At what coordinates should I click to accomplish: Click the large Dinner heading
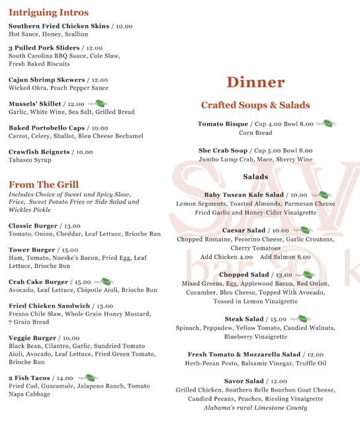(x=255, y=83)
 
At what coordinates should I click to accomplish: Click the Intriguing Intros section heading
(x=48, y=13)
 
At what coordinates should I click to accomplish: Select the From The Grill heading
(x=44, y=185)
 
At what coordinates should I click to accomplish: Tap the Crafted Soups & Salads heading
(x=255, y=105)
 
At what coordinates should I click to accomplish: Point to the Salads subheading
(x=255, y=177)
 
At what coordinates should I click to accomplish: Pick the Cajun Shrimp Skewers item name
(x=47, y=80)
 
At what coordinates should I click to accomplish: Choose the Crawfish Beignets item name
(x=39, y=152)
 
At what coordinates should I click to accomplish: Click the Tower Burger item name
(x=32, y=251)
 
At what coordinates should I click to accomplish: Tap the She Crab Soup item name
(x=222, y=151)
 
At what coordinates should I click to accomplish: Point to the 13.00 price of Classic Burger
(x=71, y=226)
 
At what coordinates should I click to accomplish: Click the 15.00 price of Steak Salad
(x=279, y=320)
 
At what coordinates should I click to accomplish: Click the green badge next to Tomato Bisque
(x=323, y=123)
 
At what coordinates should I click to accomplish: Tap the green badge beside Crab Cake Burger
(x=102, y=281)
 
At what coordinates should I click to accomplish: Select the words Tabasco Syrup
(x=31, y=160)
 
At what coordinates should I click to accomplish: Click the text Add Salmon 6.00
(x=285, y=257)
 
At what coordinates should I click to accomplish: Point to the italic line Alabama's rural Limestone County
(x=255, y=408)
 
